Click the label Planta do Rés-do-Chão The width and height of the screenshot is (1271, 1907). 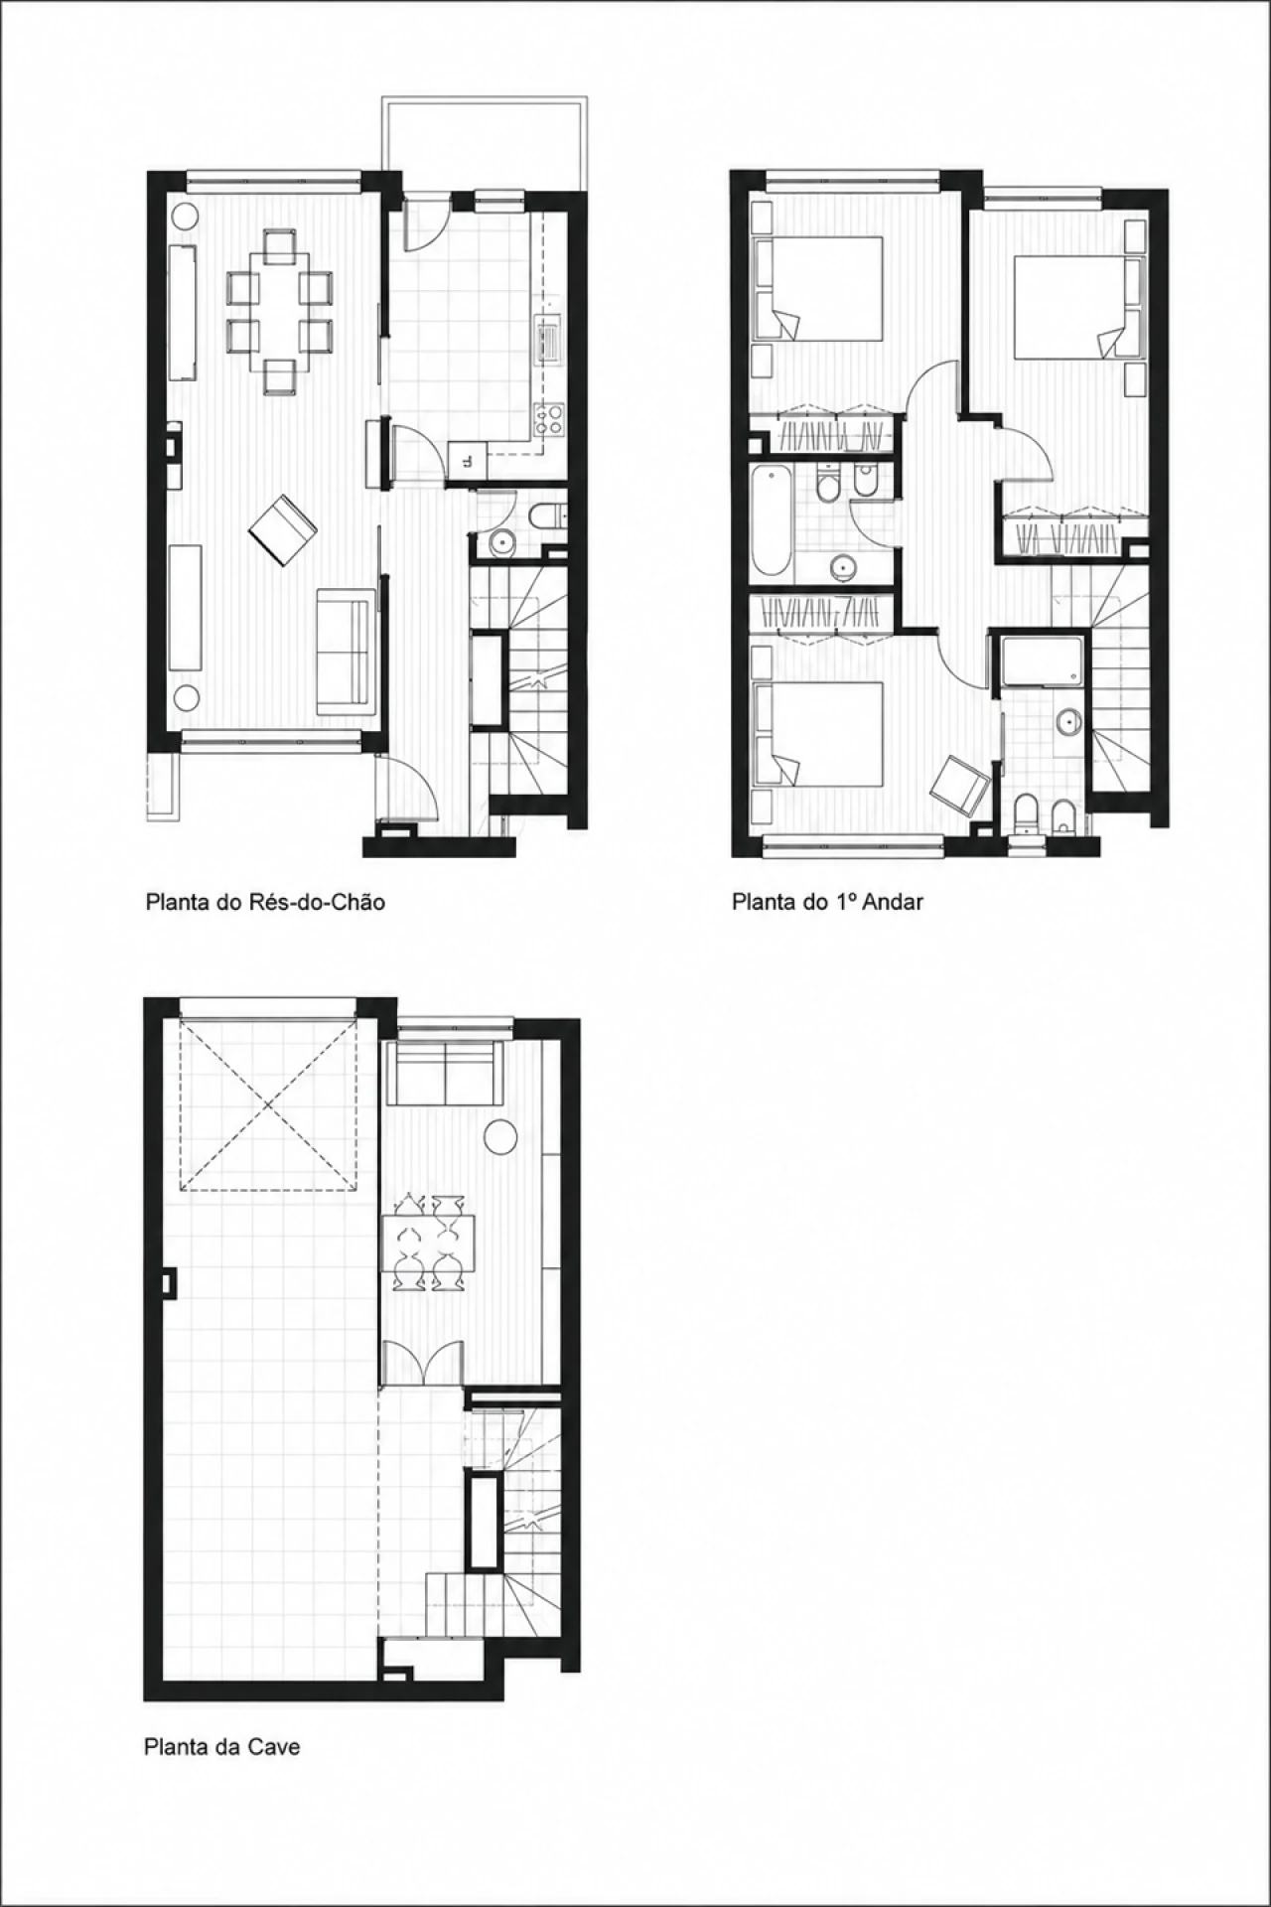point(265,902)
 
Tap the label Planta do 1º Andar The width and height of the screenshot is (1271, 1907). point(827,902)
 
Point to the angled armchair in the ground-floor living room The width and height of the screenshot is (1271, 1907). point(282,529)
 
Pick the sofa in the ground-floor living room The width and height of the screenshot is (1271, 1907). point(343,651)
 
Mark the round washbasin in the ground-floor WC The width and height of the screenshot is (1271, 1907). point(501,542)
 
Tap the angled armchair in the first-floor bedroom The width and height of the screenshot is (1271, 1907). point(960,781)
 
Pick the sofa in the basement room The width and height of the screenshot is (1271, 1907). point(448,1073)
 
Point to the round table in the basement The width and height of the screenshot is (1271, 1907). point(501,1136)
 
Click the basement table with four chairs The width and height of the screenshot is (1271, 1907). point(428,1244)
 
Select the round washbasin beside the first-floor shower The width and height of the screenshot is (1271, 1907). point(1068,722)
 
